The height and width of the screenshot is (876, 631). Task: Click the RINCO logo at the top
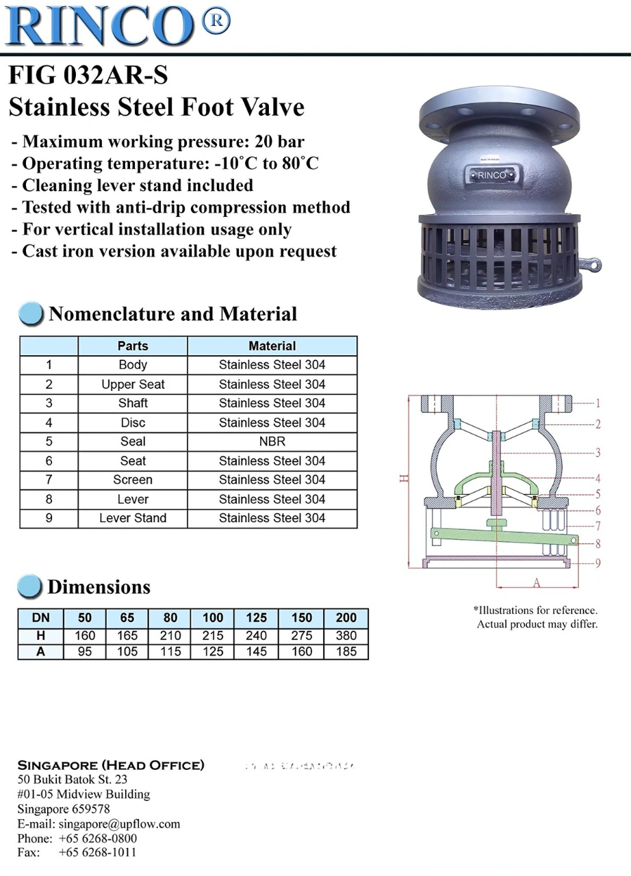point(103,25)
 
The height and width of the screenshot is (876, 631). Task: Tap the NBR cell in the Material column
point(272,441)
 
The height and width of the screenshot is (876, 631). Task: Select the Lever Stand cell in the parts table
point(133,518)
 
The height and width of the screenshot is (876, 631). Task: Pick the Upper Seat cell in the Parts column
point(133,384)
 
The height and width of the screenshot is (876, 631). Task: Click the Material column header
point(272,346)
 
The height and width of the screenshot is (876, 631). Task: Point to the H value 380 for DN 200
point(346,635)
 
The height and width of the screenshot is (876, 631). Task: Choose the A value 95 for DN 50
point(85,652)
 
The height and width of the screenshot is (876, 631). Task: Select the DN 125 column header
point(256,618)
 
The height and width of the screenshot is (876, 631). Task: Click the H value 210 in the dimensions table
point(170,635)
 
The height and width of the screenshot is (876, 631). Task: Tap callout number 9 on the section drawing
point(597,563)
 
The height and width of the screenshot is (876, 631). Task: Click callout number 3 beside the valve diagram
point(597,452)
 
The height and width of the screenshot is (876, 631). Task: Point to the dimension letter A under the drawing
point(537,582)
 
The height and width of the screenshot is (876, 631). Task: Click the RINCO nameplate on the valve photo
point(492,175)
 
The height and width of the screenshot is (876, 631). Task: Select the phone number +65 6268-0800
point(98,838)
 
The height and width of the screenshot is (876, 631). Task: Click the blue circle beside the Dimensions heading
point(29,587)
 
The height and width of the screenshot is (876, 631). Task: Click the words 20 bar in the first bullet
point(279,142)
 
